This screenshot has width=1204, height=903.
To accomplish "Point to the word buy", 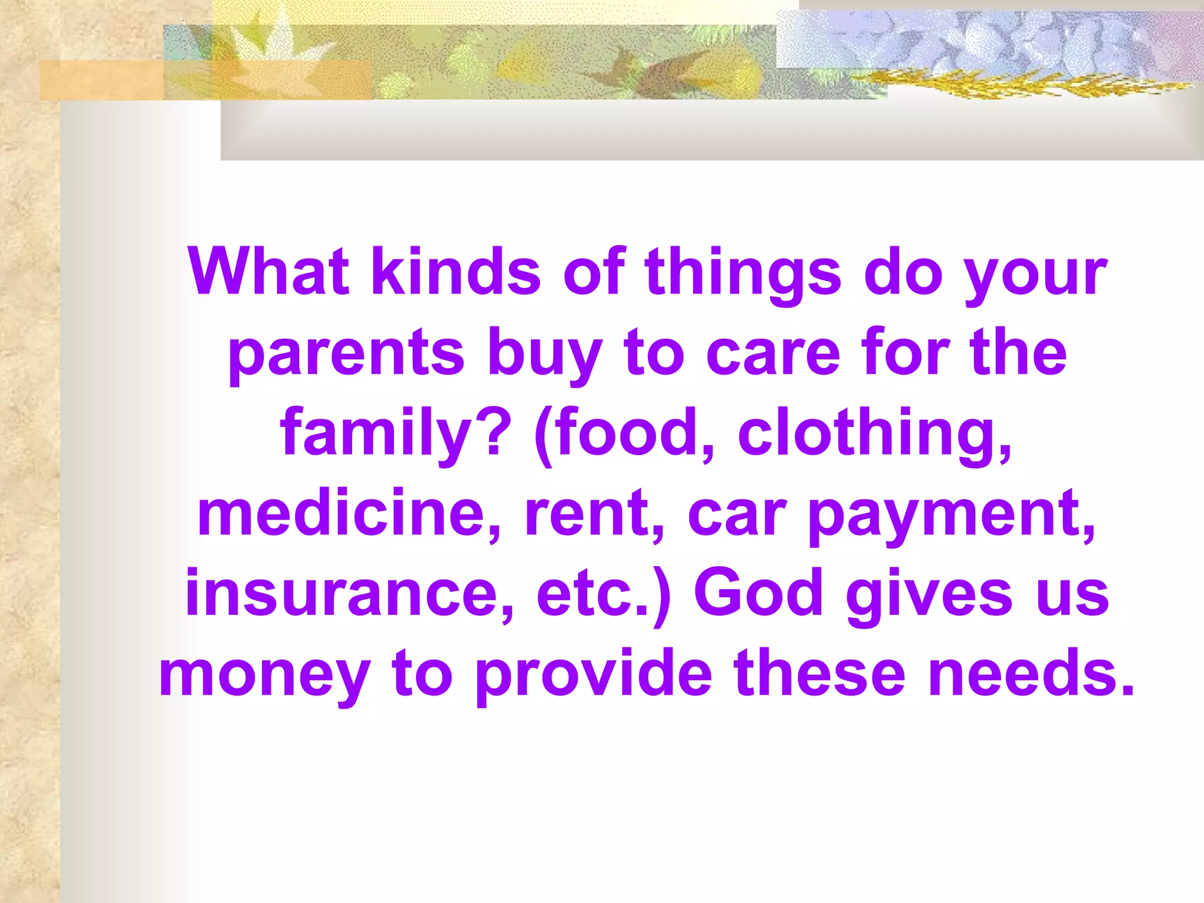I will click(x=544, y=353).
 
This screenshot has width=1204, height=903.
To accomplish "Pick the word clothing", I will click(x=875, y=433).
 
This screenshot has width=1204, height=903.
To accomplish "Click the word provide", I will click(x=594, y=674).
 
